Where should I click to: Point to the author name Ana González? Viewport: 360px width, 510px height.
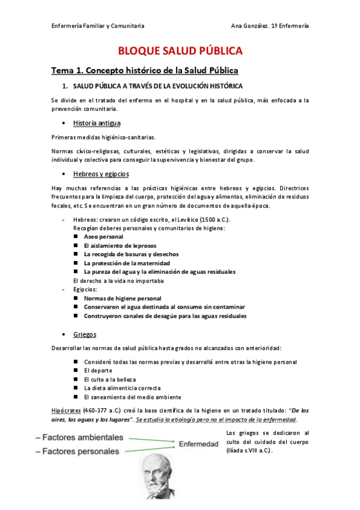[x=252, y=25]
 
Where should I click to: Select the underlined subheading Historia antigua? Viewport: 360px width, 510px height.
[x=97, y=123]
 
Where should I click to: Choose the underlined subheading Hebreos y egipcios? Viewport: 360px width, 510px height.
[x=101, y=174]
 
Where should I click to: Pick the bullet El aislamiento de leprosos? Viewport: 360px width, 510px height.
[x=121, y=245]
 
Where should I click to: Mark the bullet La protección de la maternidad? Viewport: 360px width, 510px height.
[x=127, y=263]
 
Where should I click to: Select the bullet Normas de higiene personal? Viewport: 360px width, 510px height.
[x=123, y=298]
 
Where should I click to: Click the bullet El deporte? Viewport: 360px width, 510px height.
[x=98, y=370]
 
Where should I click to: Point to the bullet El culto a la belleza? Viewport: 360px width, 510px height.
[x=110, y=379]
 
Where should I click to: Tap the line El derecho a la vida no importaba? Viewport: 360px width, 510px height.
[x=118, y=280]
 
